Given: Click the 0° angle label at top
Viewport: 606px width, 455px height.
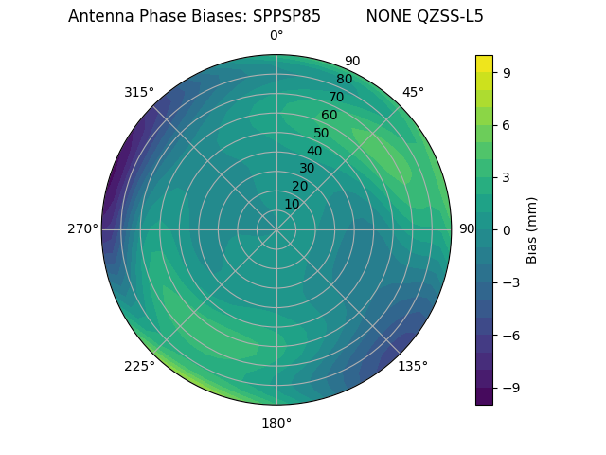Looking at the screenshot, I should point(276,36).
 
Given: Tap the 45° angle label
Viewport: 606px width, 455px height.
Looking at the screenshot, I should point(413,92).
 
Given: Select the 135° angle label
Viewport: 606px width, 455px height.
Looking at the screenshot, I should point(413,366).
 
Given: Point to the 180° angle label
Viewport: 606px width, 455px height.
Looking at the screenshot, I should point(276,423).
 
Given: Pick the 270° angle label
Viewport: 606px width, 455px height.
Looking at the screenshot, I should point(82,229).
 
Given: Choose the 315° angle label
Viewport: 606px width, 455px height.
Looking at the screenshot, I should point(139,92).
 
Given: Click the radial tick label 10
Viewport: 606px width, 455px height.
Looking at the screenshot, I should point(292,204).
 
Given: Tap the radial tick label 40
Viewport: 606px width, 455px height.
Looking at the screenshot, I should point(314,151).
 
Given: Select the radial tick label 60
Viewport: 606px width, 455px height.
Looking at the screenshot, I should point(329,115).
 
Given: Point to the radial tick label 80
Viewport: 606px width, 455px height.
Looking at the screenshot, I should point(344,80).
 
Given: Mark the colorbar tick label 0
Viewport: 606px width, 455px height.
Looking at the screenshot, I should point(507,229).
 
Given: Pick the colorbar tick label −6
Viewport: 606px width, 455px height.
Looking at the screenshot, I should point(509,335).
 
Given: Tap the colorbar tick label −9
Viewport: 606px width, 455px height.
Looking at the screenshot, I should point(509,388).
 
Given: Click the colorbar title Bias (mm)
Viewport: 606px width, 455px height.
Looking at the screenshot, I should point(532,229).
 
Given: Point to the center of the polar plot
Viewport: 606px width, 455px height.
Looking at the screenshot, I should point(276,229).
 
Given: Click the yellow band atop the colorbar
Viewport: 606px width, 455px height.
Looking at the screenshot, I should point(484,63).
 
